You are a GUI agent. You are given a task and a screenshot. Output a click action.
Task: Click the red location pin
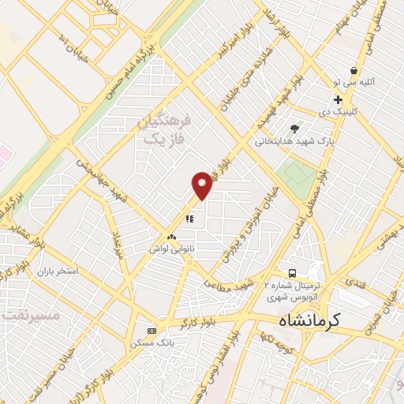[202, 185]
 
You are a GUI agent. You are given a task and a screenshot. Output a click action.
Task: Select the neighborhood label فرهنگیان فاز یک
[164, 130]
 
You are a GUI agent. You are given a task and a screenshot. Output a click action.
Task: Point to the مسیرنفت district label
[30, 315]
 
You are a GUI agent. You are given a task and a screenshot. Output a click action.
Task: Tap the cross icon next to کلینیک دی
[338, 99]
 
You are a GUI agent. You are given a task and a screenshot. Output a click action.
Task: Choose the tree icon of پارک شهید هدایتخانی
[294, 129]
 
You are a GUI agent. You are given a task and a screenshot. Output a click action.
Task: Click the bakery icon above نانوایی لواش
[171, 236]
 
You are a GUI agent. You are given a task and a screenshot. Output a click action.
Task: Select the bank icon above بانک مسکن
[152, 331]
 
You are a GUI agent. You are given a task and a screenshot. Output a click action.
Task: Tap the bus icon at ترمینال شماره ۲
[292, 273]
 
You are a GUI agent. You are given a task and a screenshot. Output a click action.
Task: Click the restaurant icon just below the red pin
[189, 219]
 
